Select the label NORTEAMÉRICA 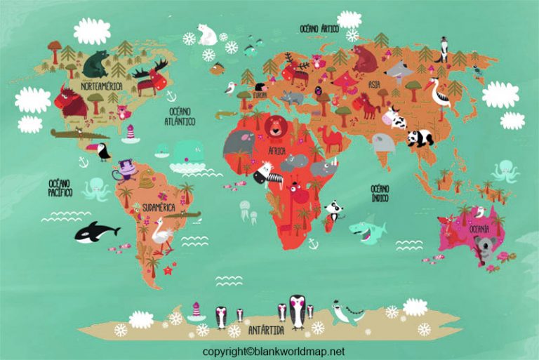(101, 86)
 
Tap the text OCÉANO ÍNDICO (380, 192)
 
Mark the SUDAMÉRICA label (158, 208)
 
